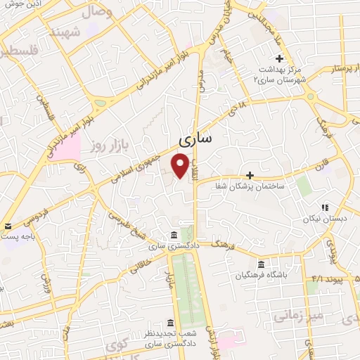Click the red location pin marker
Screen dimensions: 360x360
pos(181,166)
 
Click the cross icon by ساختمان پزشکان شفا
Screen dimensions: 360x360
pos(250,174)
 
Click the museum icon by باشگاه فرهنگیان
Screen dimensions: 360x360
pos(262,264)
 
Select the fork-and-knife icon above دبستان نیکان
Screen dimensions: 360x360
pos(325,207)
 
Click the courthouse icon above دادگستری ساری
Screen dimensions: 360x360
pos(173,236)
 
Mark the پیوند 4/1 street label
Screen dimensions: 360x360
pos(326,279)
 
